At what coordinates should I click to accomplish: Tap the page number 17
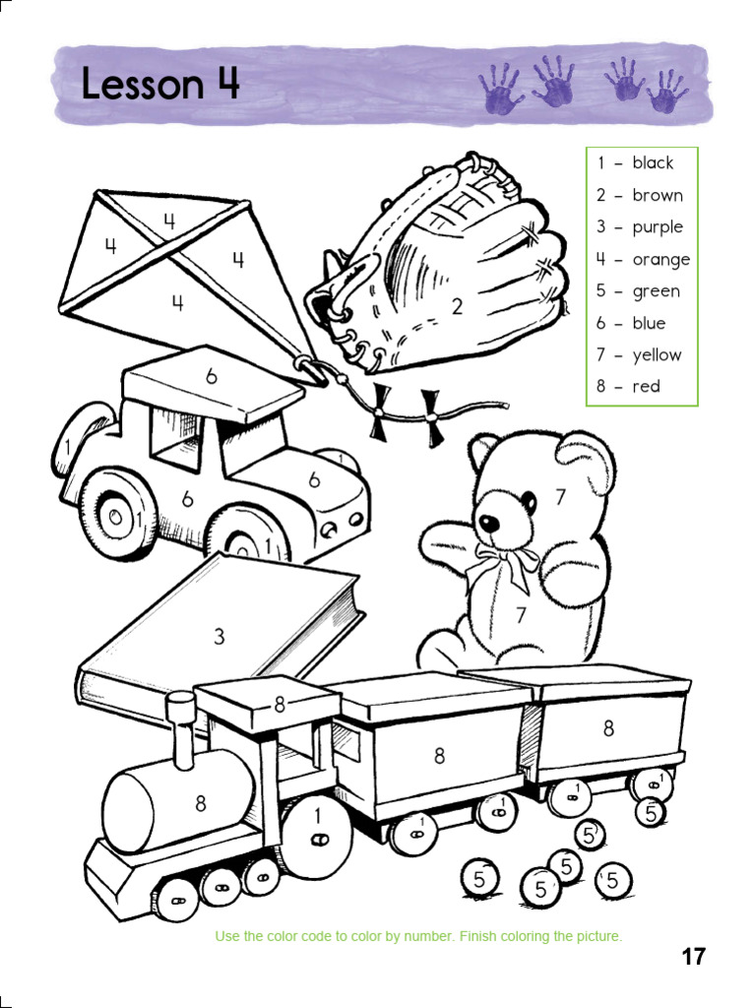693,956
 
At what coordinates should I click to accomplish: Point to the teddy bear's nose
486,523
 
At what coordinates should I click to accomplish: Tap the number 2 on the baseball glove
458,306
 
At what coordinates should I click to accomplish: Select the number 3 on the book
220,637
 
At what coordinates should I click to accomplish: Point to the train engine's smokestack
181,729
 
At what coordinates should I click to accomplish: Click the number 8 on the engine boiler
201,803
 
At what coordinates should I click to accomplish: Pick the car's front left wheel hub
116,515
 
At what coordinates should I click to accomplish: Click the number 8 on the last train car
608,728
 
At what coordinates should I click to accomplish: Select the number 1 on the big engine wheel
317,815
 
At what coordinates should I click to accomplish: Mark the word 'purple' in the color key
658,226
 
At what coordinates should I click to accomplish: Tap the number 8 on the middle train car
439,755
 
